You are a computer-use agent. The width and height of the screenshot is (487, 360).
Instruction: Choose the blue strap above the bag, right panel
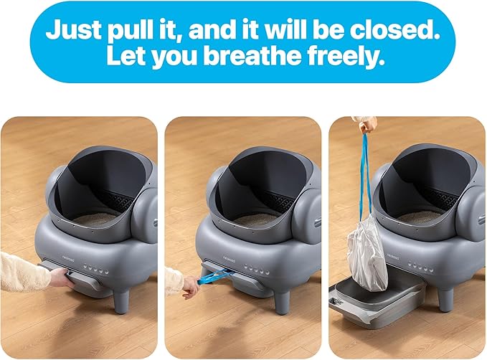[366, 172]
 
